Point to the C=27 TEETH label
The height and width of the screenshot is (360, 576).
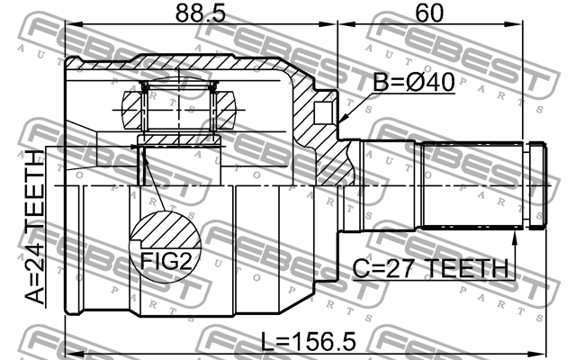[x=427, y=267]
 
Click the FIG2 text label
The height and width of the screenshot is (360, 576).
[x=164, y=261]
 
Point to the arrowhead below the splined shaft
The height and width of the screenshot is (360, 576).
[x=515, y=235]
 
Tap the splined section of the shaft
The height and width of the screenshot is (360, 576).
[x=472, y=184]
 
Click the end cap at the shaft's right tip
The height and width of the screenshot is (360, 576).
[x=537, y=184]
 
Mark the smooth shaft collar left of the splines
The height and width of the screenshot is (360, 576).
[x=391, y=184]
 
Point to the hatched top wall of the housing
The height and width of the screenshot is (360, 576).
[x=207, y=64]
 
